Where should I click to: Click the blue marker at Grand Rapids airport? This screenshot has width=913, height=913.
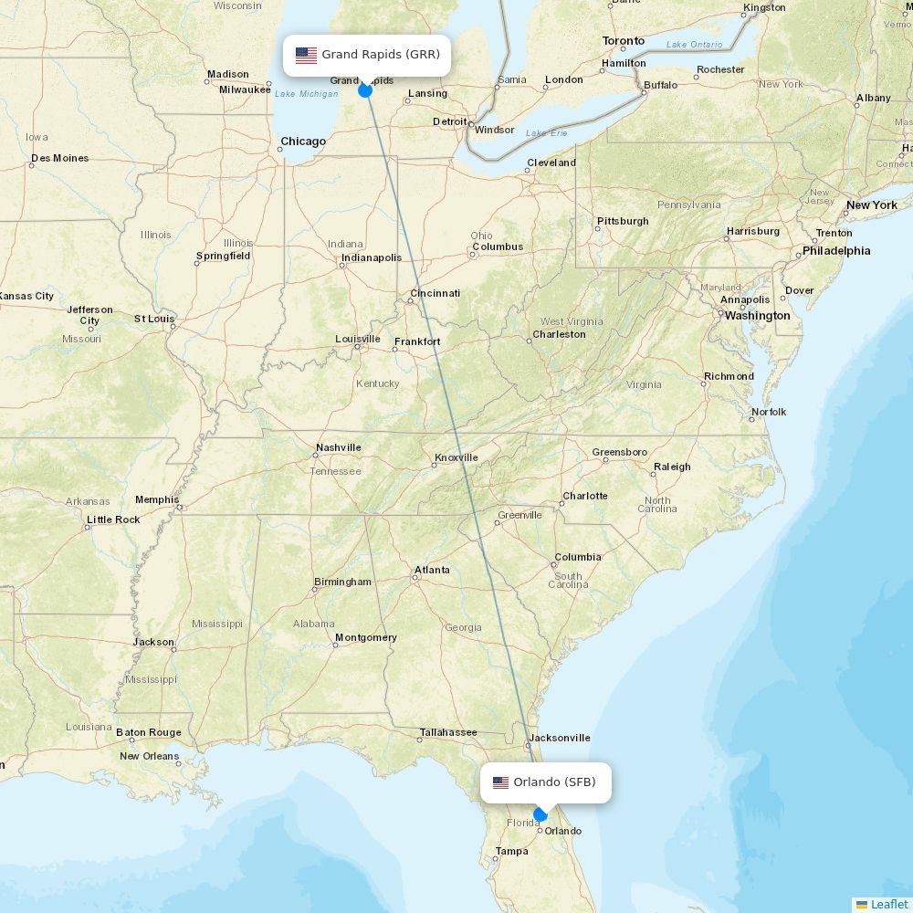pyautogui.click(x=365, y=89)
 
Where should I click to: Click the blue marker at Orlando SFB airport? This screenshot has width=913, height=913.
pyautogui.click(x=540, y=814)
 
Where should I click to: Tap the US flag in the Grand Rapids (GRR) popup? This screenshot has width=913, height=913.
pyautogui.click(x=306, y=55)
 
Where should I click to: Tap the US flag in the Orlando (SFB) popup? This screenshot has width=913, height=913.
pyautogui.click(x=500, y=782)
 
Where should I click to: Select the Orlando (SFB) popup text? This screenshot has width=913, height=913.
pyautogui.click(x=554, y=782)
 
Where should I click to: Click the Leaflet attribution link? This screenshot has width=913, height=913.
pyautogui.click(x=888, y=904)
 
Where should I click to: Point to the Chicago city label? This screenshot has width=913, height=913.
pyautogui.click(x=303, y=142)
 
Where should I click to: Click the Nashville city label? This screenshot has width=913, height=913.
pyautogui.click(x=338, y=447)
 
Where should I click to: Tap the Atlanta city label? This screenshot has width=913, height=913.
pyautogui.click(x=432, y=570)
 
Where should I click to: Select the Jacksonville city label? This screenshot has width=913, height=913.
pyautogui.click(x=560, y=738)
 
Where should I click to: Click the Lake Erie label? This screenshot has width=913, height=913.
pyautogui.click(x=546, y=133)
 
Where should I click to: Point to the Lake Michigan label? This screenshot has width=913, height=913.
pyautogui.click(x=306, y=94)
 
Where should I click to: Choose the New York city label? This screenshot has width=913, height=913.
pyautogui.click(x=871, y=205)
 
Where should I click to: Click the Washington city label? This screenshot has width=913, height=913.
pyautogui.click(x=757, y=316)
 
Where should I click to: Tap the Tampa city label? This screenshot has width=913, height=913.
pyautogui.click(x=511, y=851)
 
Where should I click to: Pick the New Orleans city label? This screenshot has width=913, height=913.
pyautogui.click(x=149, y=756)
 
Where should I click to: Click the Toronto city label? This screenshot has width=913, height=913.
pyautogui.click(x=624, y=41)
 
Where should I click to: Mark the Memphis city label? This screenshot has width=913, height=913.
pyautogui.click(x=157, y=499)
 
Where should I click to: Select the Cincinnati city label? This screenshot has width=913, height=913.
pyautogui.click(x=435, y=293)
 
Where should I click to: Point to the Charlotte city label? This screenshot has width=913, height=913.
pyautogui.click(x=584, y=496)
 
